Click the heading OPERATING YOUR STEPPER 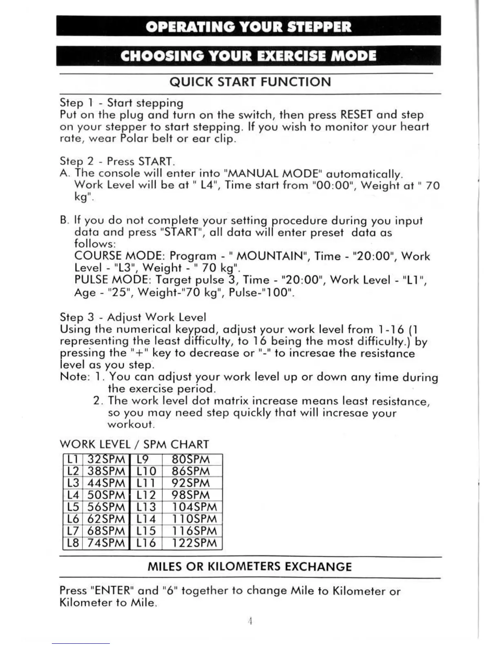(248, 27)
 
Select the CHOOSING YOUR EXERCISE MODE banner (248, 56)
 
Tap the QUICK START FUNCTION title (250, 82)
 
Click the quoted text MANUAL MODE (272, 174)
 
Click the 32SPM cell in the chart (106, 460)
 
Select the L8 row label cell (73, 543)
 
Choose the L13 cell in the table (146, 507)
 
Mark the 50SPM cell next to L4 (106, 495)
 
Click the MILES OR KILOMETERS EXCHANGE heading (249, 567)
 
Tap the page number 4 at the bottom (250, 621)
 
